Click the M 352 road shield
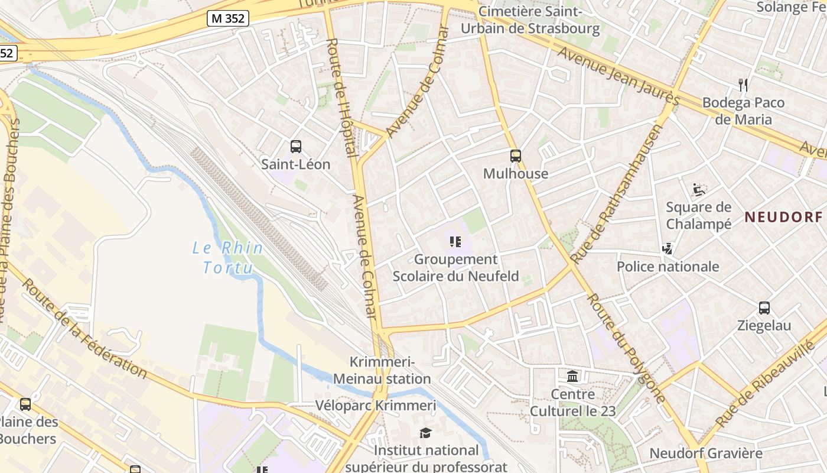(228, 18)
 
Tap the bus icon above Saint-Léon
(296, 146)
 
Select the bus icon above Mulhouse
(516, 156)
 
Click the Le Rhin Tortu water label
(228, 258)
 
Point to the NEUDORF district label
(783, 217)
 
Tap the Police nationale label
(668, 267)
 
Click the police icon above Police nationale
(668, 249)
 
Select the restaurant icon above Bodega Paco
(743, 85)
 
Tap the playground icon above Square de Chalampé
(699, 190)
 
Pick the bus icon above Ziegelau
(764, 308)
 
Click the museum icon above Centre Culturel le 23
(572, 376)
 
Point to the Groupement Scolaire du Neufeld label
(456, 268)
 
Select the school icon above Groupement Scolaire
(455, 241)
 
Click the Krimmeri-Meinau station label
(382, 370)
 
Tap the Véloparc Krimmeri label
(376, 406)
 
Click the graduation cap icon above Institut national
(426, 433)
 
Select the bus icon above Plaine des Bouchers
(25, 404)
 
